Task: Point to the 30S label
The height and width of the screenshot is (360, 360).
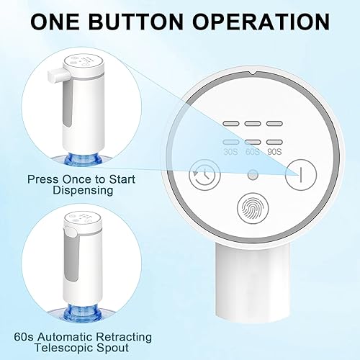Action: (x=230, y=153)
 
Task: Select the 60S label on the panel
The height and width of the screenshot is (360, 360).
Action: (x=252, y=153)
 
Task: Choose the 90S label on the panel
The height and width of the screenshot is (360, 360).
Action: (x=274, y=153)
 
